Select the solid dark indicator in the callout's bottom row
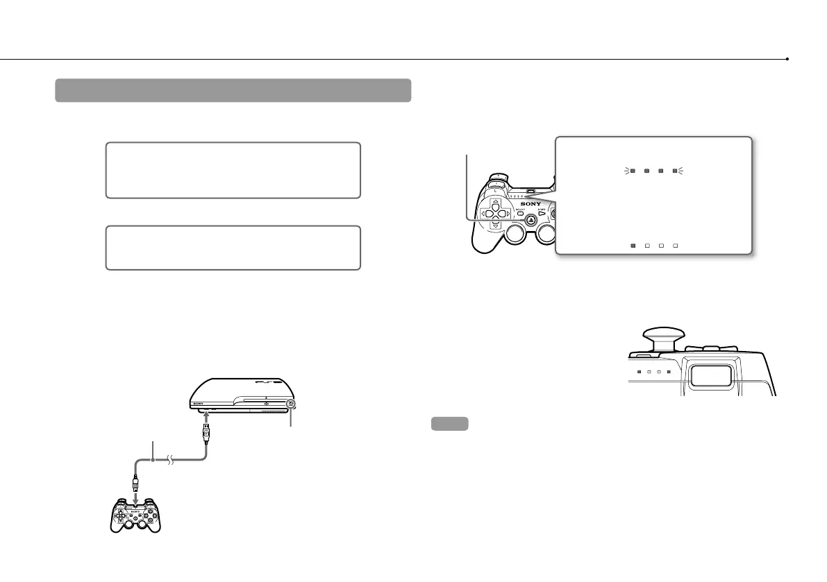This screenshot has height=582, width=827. click(x=633, y=245)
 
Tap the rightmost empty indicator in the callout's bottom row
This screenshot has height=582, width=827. click(x=674, y=245)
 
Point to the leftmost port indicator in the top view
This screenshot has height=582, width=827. click(x=638, y=371)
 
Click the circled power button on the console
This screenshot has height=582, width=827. click(x=291, y=403)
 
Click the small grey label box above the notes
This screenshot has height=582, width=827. click(x=449, y=423)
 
